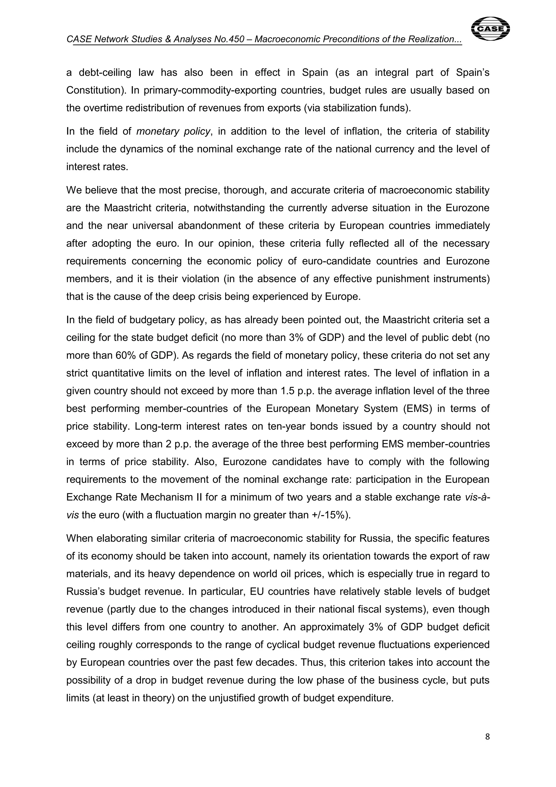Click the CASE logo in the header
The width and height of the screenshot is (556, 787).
491,29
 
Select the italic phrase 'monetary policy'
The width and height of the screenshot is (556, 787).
173,131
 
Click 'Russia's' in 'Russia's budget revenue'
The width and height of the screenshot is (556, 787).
86,592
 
